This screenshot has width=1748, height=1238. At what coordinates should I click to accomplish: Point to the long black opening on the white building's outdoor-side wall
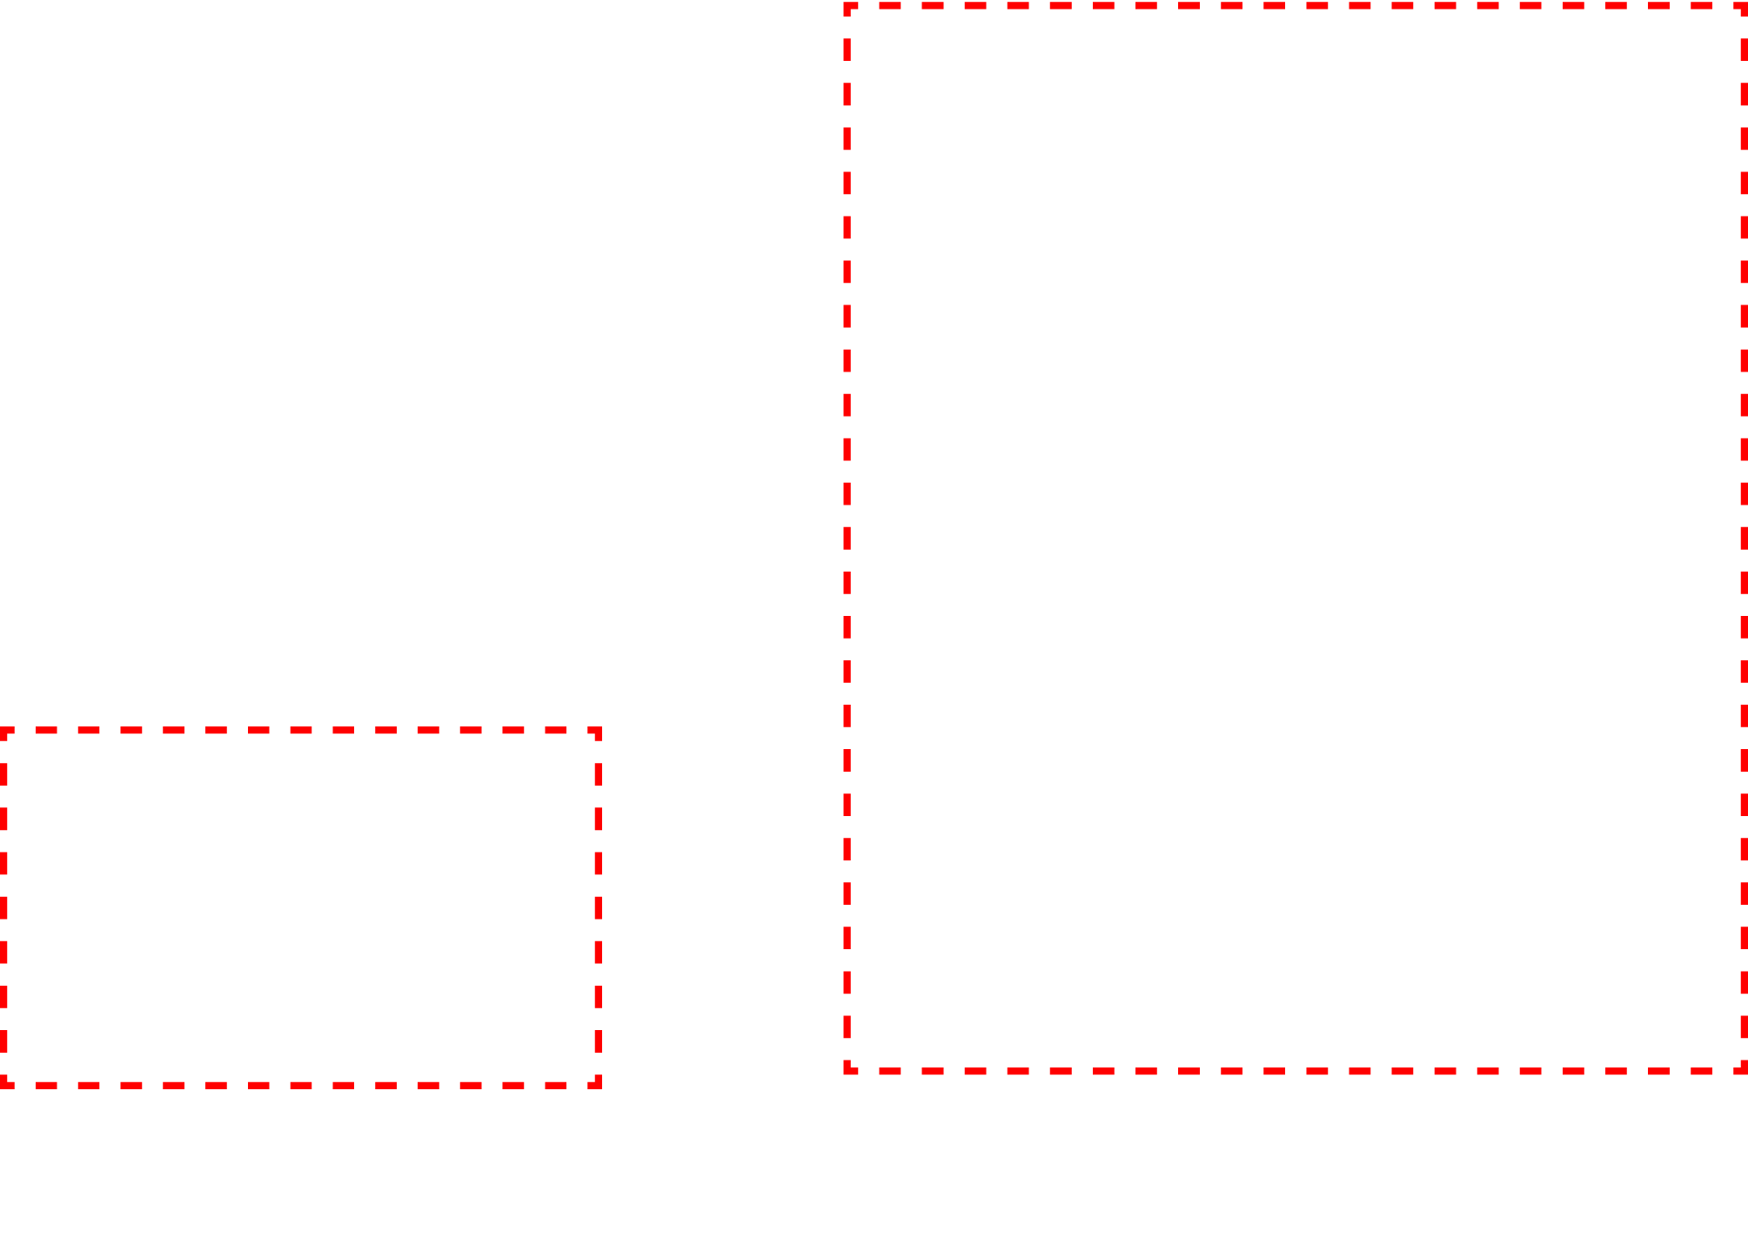(x=840, y=365)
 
